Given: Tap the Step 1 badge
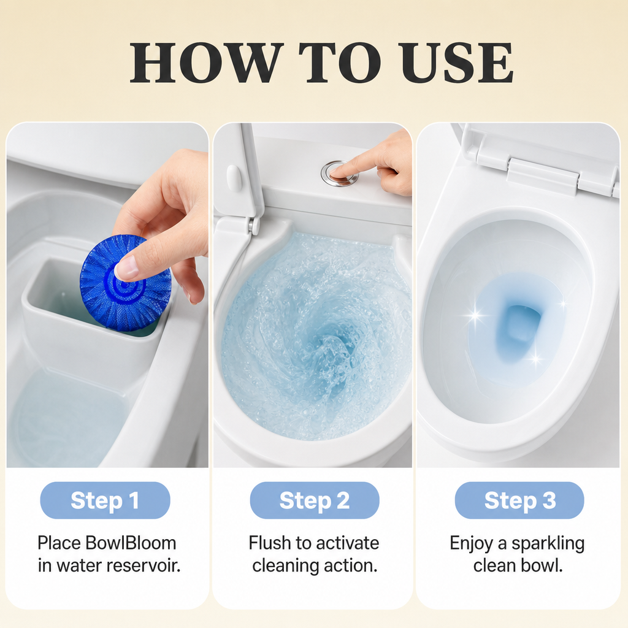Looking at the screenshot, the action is (x=105, y=500).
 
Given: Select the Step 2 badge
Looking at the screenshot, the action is (x=315, y=500).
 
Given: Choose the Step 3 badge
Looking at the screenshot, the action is (x=519, y=500).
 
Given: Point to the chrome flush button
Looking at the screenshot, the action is (x=339, y=174).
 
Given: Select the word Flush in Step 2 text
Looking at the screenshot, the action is (x=270, y=543).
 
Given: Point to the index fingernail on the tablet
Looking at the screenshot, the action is (x=125, y=269).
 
